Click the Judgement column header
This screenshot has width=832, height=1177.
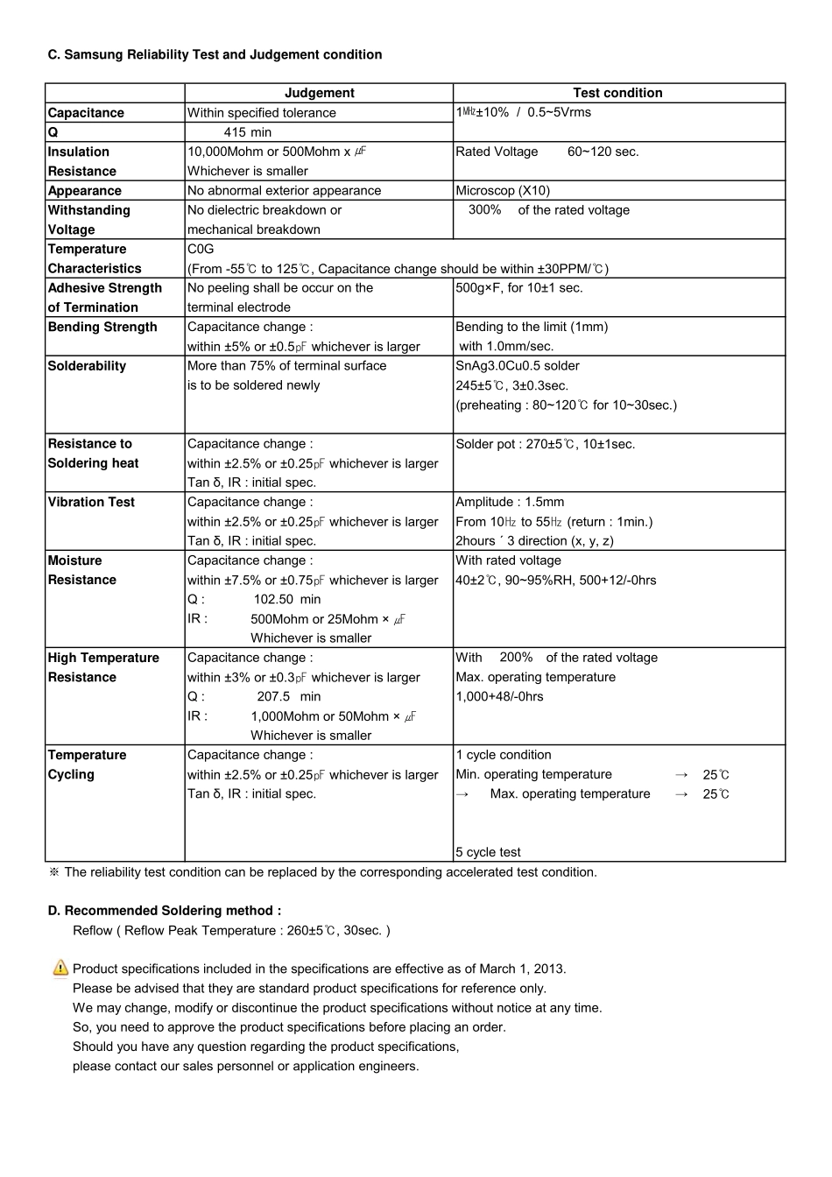pos(319,93)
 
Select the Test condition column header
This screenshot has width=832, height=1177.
pos(617,93)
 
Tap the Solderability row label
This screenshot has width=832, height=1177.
pos(88,366)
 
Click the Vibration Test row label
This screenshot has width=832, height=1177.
pos(91,502)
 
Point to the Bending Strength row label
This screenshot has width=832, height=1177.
pos(102,327)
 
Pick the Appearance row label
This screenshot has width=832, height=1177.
pos(84,191)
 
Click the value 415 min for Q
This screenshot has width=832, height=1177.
pos(248,132)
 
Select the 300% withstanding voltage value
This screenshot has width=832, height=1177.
pos(484,210)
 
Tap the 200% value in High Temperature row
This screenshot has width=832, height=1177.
pos(516,658)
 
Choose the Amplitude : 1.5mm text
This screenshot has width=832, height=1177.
pos(510,502)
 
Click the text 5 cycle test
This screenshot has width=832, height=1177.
pos(488,852)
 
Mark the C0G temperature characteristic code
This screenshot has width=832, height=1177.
pos(201,249)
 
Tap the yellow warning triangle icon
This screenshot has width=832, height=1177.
pos(60,968)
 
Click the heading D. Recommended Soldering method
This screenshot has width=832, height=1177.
pos(165,911)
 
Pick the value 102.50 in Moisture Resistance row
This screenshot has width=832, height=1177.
pos(273,599)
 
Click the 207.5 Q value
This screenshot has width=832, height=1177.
pos(273,696)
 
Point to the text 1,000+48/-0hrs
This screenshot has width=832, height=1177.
pos(499,696)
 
